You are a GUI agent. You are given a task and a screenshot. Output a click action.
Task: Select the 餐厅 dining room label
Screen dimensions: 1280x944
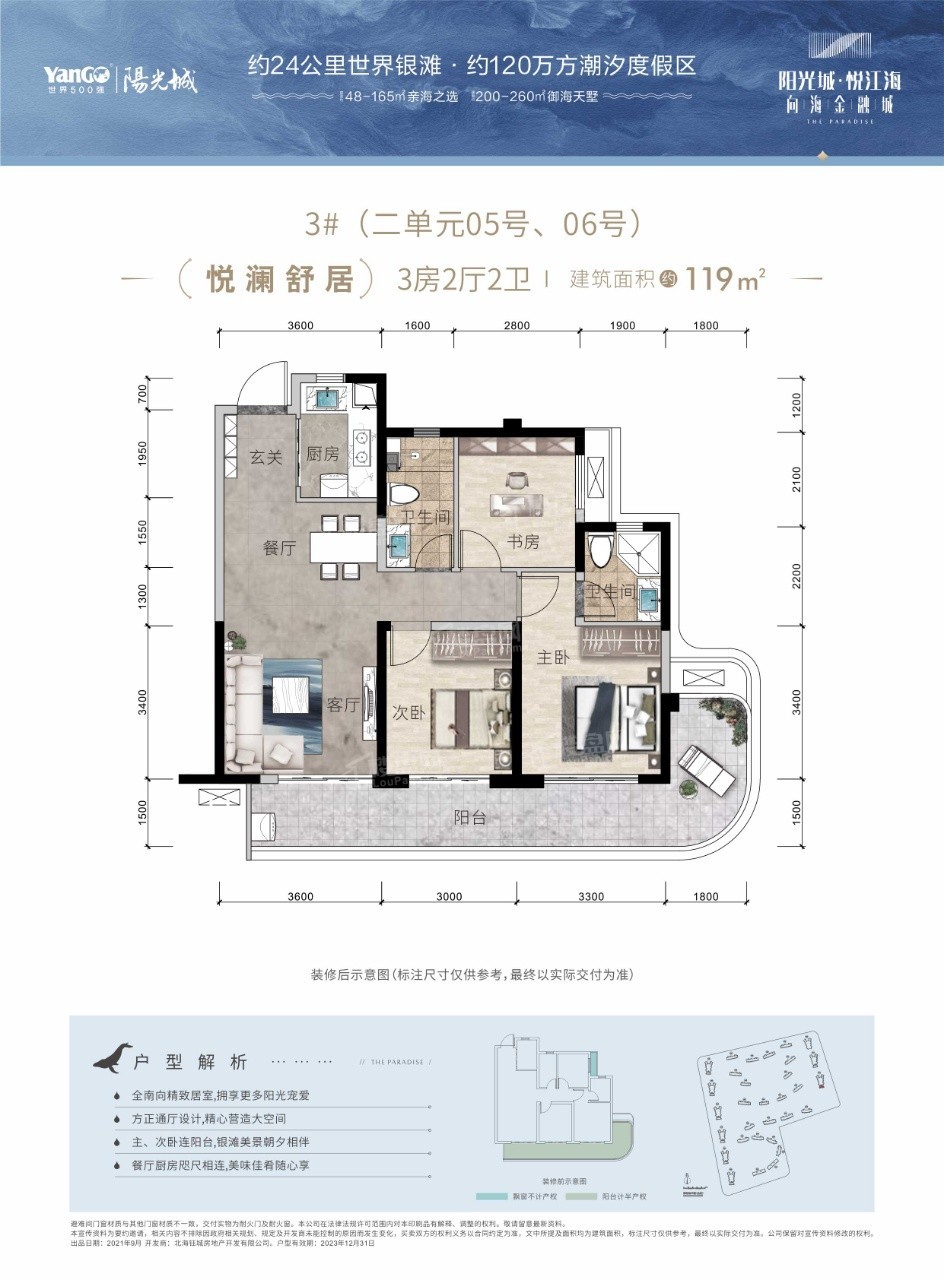click(279, 548)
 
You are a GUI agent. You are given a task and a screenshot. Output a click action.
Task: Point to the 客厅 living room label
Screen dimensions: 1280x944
click(342, 705)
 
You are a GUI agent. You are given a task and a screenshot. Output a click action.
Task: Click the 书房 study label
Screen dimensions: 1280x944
click(523, 542)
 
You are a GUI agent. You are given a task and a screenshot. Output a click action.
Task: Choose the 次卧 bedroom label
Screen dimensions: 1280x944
click(410, 716)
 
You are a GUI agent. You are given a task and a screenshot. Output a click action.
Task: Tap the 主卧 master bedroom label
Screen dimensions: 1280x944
click(554, 659)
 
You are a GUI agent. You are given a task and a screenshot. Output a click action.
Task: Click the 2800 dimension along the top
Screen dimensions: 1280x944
click(516, 325)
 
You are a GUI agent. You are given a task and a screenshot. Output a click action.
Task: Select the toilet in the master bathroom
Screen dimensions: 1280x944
click(601, 552)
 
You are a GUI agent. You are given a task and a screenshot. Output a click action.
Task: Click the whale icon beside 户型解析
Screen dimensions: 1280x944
click(112, 1057)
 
